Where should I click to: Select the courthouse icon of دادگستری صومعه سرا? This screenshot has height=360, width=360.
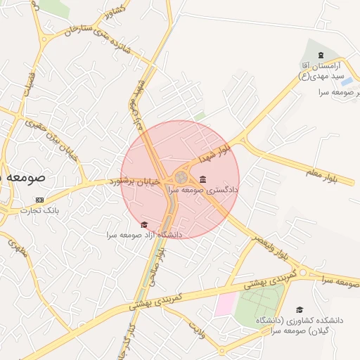click(203, 179)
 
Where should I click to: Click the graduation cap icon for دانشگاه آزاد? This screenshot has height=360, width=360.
click(144, 224)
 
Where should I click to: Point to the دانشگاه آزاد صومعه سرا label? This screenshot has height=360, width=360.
click(144, 234)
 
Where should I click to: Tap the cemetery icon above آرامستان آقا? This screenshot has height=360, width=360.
click(321, 56)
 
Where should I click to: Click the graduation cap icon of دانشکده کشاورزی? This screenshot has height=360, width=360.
click(300, 309)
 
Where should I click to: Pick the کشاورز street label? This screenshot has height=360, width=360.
click(113, 11)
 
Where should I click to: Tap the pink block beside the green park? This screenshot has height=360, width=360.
click(225, 304)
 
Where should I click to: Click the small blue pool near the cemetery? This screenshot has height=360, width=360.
click(347, 82)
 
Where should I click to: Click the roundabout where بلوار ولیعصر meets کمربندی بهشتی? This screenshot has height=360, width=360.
click(303, 272)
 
